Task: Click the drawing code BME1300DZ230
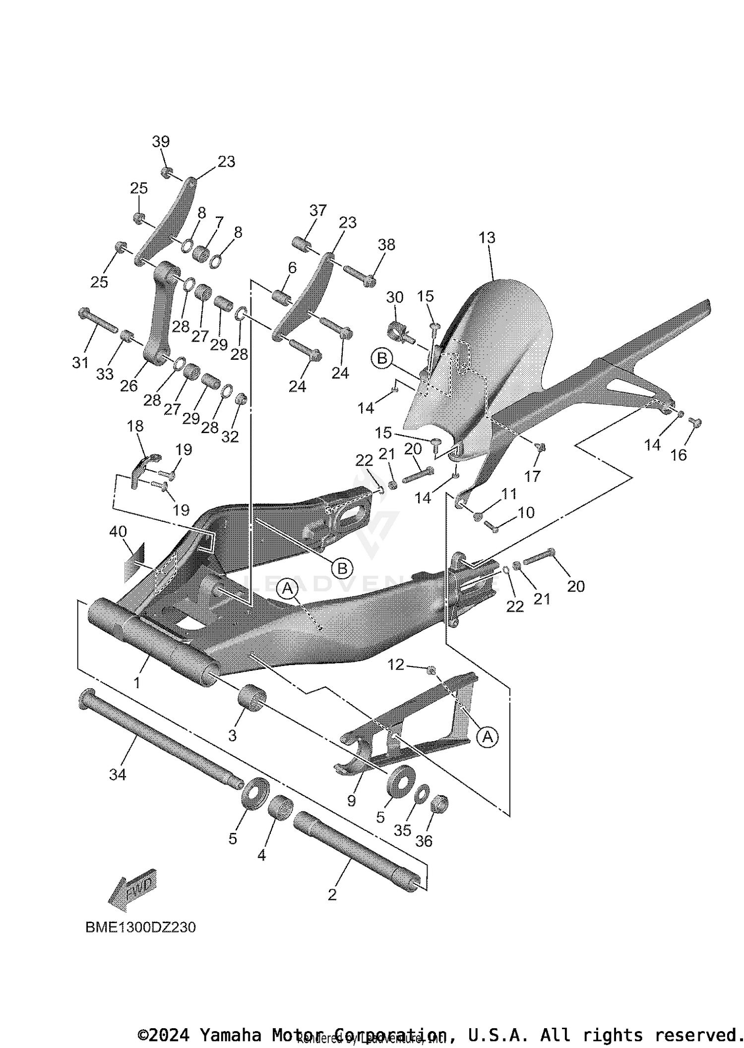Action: coord(140,927)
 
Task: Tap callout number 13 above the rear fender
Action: coord(487,238)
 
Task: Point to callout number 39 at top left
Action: coord(161,142)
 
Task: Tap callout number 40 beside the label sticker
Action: coord(118,532)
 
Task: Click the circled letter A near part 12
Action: coord(488,737)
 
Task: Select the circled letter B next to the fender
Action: coord(382,358)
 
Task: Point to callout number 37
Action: coord(318,211)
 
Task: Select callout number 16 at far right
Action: coord(678,455)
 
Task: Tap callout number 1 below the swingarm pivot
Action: coord(137,682)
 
